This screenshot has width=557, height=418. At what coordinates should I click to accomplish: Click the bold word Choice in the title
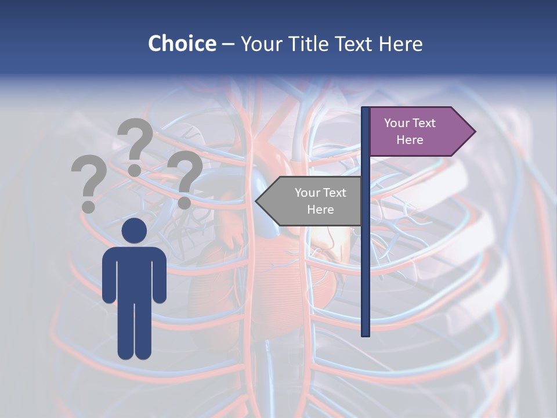(182, 44)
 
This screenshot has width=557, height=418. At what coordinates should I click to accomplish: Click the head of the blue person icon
(134, 230)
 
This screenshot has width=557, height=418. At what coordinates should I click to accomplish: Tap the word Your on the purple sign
(397, 123)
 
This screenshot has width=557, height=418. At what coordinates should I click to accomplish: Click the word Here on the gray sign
(320, 210)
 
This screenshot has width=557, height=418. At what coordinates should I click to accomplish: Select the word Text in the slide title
(354, 44)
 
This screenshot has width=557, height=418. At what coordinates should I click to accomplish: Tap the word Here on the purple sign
(410, 140)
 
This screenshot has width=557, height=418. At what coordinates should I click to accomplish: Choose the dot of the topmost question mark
(135, 170)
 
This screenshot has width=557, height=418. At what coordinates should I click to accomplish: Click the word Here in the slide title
(400, 44)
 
